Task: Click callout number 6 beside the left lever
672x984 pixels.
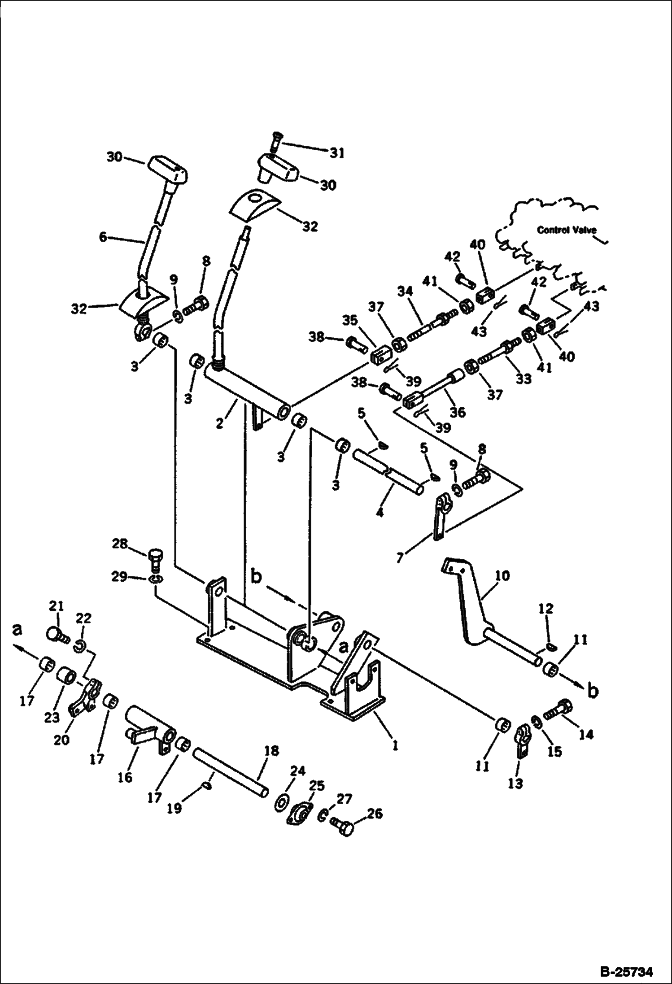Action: point(104,237)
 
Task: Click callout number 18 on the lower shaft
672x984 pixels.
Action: point(271,750)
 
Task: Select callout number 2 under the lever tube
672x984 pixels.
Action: point(219,423)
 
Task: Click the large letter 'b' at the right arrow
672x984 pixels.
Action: point(593,692)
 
